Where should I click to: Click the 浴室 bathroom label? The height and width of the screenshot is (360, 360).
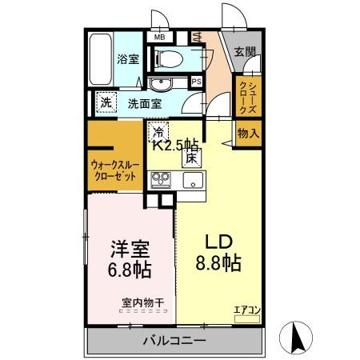(127, 59)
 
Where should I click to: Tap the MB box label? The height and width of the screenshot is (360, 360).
(159, 37)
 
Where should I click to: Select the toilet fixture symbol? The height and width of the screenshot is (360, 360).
(169, 58)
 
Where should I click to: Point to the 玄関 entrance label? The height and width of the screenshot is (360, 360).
(245, 53)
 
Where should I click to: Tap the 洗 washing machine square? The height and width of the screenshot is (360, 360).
(106, 102)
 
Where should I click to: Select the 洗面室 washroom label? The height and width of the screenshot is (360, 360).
(145, 102)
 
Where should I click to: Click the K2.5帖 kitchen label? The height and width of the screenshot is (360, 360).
(175, 145)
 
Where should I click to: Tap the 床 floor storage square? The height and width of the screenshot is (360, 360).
(193, 158)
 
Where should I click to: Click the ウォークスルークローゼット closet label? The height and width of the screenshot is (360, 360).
(114, 170)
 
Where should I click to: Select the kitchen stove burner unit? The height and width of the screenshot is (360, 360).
(158, 181)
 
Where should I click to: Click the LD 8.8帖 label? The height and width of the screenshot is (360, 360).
(215, 252)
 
